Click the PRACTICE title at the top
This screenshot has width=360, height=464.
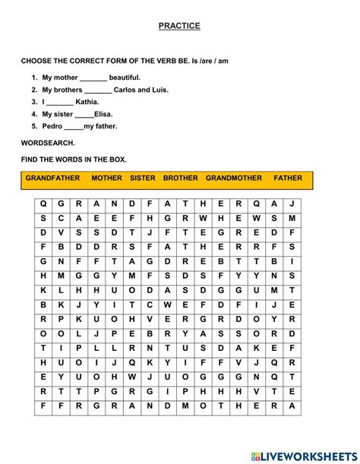point(179,26)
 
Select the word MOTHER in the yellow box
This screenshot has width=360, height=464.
point(106,178)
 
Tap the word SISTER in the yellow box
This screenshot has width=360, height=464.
point(142,178)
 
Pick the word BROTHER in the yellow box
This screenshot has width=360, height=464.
point(180,178)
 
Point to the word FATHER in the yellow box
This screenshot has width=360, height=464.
point(288,178)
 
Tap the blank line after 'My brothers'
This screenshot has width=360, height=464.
point(98,91)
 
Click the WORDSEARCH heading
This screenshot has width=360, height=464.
point(48,143)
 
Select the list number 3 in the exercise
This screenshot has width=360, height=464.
point(34,102)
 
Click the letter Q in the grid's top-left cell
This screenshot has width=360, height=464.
point(43,204)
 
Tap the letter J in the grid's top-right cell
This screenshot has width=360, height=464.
point(292,204)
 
